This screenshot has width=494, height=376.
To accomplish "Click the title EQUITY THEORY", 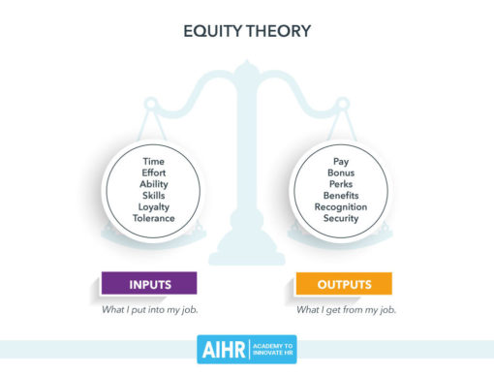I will click(x=247, y=31).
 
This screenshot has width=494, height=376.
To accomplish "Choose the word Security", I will click(x=341, y=218).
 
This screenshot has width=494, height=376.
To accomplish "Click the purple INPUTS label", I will click(x=149, y=284).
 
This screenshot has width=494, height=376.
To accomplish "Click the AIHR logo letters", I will click(x=222, y=351).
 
